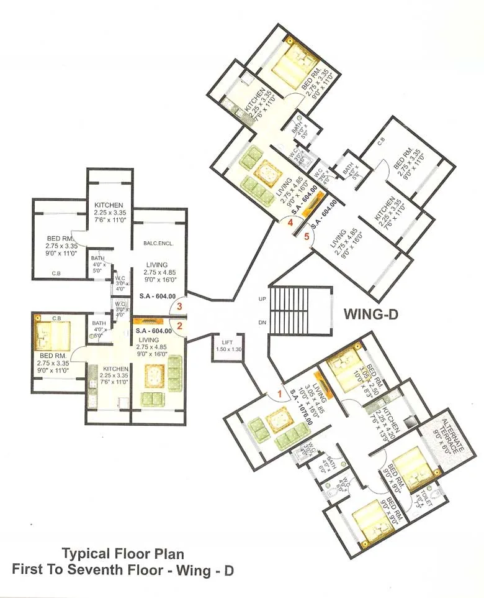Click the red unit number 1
[x=279, y=393]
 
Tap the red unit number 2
[x=180, y=325]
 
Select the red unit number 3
[x=180, y=306]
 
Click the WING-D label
[x=370, y=315]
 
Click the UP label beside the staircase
[x=262, y=300]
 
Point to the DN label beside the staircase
[x=262, y=321]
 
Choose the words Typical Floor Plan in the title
[x=122, y=553]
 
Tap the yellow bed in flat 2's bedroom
[x=52, y=334]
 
